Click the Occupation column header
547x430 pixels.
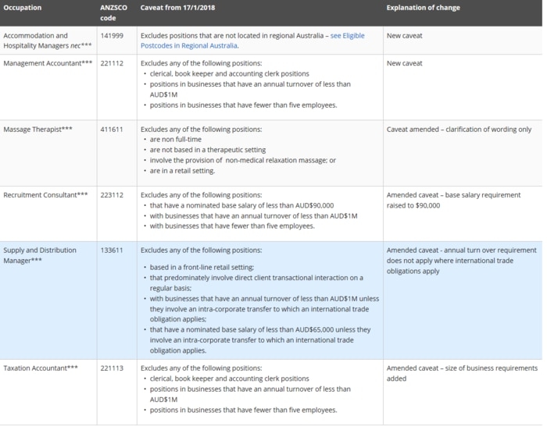[23, 8]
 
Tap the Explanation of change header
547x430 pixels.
[423, 8]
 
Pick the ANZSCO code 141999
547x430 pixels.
[111, 36]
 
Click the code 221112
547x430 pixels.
[111, 63]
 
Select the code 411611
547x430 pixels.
[111, 129]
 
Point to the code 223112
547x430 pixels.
[111, 194]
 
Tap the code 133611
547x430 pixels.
[111, 251]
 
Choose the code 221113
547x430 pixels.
[111, 368]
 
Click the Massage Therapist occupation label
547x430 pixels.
[38, 129]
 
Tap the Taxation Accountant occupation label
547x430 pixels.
[41, 368]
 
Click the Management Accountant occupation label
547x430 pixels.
[47, 63]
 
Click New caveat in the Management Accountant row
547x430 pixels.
[404, 63]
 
